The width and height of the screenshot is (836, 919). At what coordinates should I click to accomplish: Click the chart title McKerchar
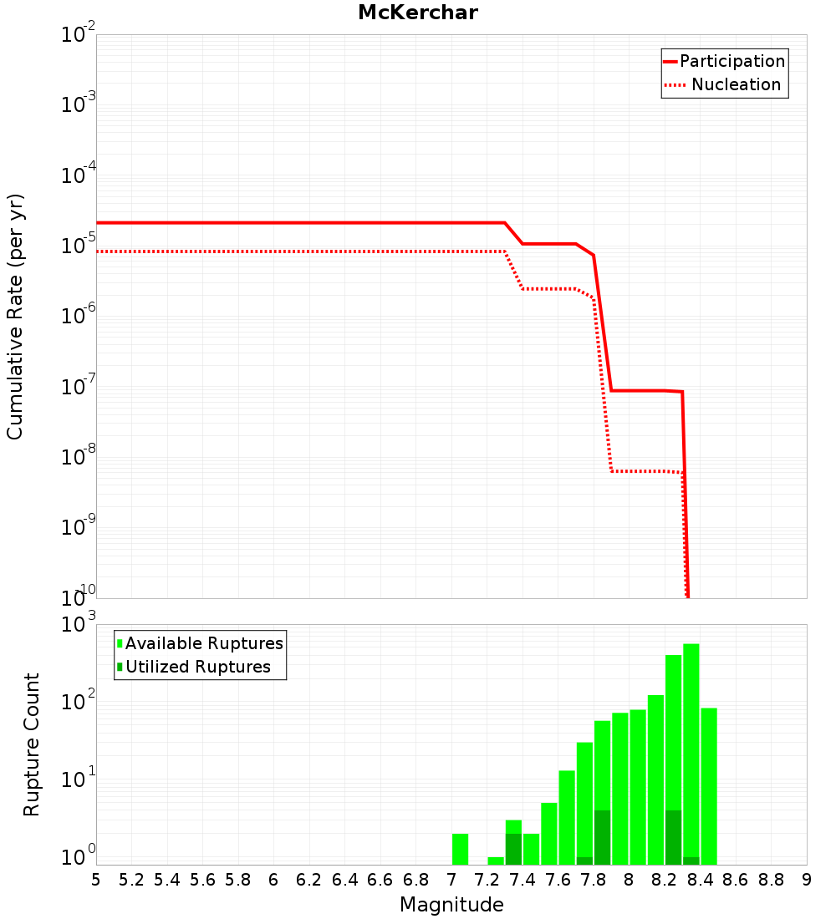click(x=418, y=13)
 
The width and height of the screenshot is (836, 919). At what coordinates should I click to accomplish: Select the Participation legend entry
click(x=725, y=61)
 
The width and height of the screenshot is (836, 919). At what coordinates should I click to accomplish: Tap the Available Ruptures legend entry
click(x=200, y=643)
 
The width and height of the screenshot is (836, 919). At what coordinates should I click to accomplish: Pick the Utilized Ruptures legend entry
click(x=194, y=667)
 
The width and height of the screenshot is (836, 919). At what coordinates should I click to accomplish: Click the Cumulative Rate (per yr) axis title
click(x=15, y=317)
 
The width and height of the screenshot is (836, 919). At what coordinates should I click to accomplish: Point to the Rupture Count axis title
click(x=31, y=744)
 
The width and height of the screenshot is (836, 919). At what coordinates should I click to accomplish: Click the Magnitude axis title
click(x=451, y=904)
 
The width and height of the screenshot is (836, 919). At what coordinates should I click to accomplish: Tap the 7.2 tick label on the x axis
click(x=487, y=880)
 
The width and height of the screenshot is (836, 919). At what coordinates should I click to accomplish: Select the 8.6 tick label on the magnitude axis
click(x=736, y=880)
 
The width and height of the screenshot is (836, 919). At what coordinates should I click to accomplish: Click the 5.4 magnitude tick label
click(x=167, y=880)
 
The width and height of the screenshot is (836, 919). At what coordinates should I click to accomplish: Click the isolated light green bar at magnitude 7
click(x=460, y=849)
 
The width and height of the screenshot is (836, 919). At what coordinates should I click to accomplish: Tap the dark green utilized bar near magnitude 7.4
click(x=513, y=849)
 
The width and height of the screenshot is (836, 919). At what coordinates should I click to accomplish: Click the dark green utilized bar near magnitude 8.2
click(x=674, y=837)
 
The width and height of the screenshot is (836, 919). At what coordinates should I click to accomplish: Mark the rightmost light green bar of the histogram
click(x=709, y=786)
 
